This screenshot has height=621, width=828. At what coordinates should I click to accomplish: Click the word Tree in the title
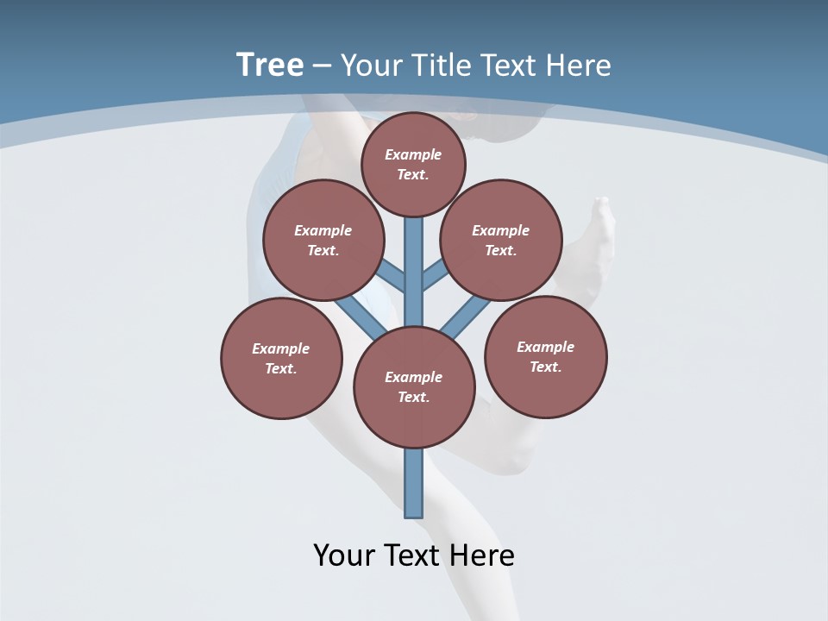coord(270,65)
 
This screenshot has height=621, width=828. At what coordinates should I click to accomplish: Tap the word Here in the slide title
coord(579,66)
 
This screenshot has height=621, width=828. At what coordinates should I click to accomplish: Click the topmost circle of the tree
coord(413,164)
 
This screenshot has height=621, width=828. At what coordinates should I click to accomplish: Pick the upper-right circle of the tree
coord(501,241)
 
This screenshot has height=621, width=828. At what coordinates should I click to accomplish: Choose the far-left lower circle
coord(281,359)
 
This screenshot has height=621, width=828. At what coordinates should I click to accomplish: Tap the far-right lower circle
coord(545,357)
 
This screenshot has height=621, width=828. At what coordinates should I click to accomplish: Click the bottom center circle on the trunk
coord(414,387)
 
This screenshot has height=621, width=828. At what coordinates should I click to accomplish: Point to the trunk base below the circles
coord(414,483)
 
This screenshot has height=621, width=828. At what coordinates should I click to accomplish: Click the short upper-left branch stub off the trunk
coord(392,277)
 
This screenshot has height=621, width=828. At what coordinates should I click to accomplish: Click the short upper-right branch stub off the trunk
coord(436,275)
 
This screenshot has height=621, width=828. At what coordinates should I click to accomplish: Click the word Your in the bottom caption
coord(345,555)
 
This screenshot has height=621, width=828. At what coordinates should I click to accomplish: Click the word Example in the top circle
coord(413,154)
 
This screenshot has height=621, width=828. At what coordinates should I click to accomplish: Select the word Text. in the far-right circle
coord(545,367)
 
